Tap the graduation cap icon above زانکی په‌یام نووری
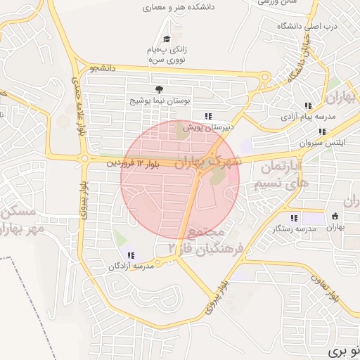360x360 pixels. [x=167, y=39]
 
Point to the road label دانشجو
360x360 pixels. [x=102, y=68]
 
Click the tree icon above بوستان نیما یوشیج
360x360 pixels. [x=158, y=89]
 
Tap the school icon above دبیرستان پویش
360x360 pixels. [x=207, y=116]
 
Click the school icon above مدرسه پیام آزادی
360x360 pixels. [x=308, y=105]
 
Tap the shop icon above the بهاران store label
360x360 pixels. [x=335, y=216]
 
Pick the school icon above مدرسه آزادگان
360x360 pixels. [x=130, y=255]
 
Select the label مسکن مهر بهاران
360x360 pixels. [x=21, y=219]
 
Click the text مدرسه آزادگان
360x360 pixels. [x=130, y=267]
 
